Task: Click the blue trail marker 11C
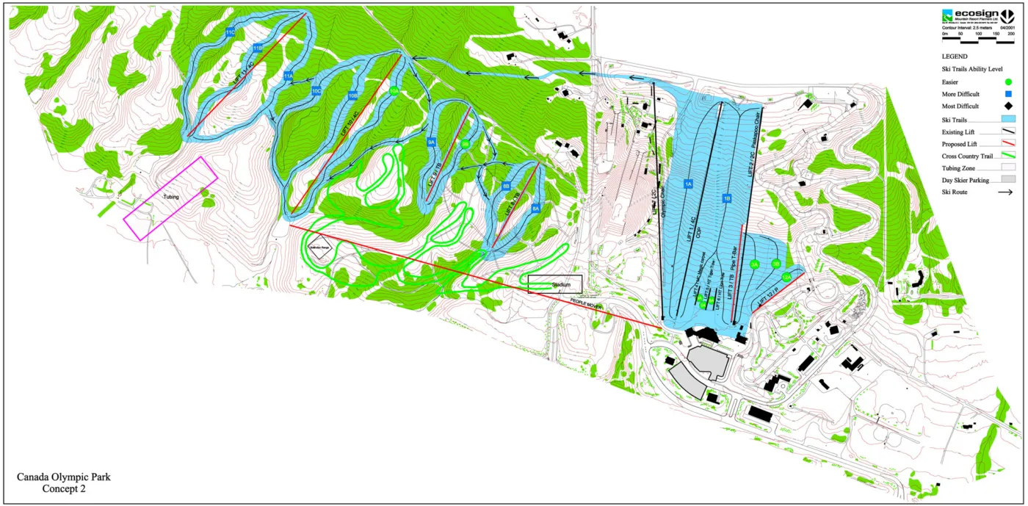click(230, 33)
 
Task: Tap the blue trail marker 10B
click(353, 95)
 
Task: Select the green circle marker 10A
click(394, 92)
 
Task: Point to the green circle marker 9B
click(465, 145)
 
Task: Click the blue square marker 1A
click(688, 184)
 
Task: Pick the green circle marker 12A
click(786, 278)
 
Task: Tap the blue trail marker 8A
click(535, 209)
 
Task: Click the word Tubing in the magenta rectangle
click(171, 197)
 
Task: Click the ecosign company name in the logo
click(971, 13)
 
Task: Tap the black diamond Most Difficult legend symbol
click(1009, 106)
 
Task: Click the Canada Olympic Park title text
click(63, 477)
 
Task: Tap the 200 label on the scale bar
click(1011, 35)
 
